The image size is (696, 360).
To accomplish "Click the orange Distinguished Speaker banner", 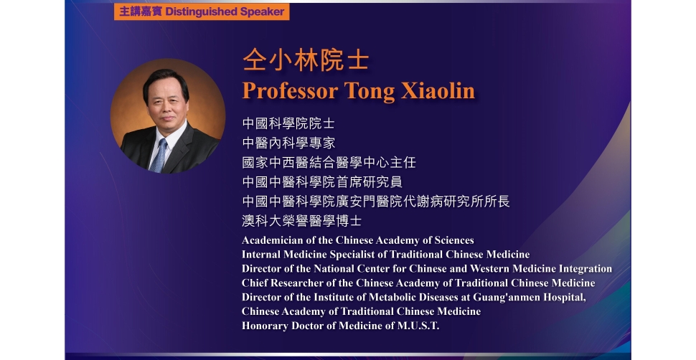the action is tap(202, 11).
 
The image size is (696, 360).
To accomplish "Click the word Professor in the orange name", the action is tap(290, 91).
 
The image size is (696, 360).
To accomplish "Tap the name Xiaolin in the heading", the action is tap(438, 91).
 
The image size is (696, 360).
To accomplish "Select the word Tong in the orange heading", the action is tap(370, 92).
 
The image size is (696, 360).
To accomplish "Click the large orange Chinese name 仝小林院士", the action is tap(306, 61).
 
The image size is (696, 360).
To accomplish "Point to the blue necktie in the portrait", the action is tap(159, 156).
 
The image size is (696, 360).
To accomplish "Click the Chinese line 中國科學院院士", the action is tap(288, 123).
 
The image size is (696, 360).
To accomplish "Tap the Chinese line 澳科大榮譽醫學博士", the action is tap(302, 221).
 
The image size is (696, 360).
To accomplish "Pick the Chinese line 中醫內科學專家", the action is tap(288, 143).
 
